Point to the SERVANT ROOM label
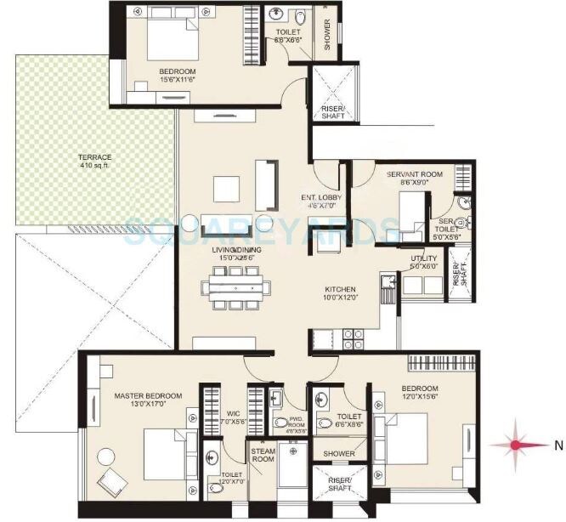[x=404, y=174]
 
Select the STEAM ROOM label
[x=263, y=456]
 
